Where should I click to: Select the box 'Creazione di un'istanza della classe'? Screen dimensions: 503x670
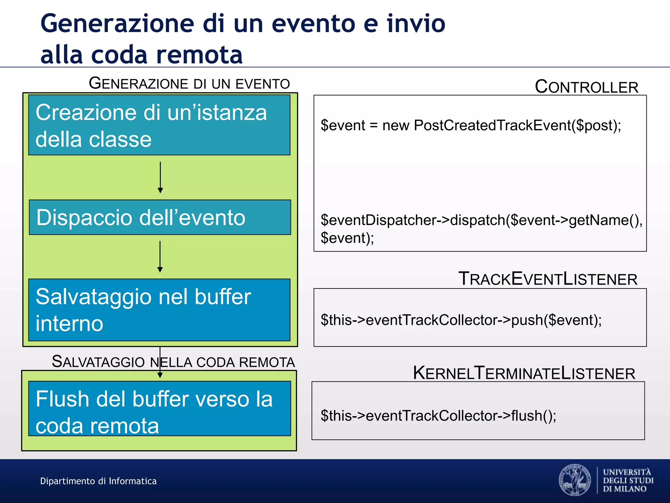[159, 125]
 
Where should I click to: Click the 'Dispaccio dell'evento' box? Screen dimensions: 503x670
[160, 217]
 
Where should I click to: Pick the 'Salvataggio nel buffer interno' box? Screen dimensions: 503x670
[159, 310]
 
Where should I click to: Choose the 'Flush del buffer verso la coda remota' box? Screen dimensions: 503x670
[160, 408]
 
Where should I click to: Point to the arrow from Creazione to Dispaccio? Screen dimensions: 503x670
[160, 177]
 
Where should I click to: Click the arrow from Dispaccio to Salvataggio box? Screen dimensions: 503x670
[160, 257]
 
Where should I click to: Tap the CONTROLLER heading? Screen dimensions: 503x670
[587, 87]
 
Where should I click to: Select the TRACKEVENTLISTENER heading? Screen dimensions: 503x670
[548, 279]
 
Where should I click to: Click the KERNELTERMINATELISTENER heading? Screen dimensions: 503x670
[524, 373]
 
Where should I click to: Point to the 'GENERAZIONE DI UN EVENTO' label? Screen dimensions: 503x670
[189, 84]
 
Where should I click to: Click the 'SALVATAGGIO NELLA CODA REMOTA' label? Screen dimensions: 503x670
[173, 362]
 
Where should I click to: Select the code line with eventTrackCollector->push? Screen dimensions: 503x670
[461, 320]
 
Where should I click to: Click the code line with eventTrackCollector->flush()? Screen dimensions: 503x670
[438, 416]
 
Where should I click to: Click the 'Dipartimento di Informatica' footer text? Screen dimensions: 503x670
[98, 481]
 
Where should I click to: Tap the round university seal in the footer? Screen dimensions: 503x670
[575, 480]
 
